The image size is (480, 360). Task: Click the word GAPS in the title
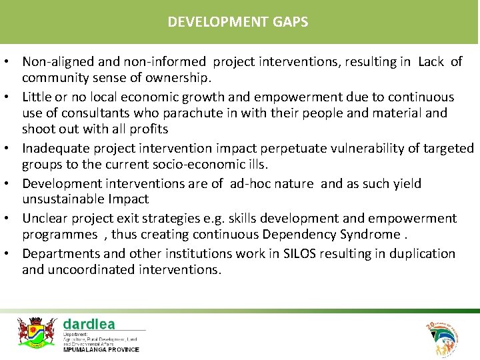pyautogui.click(x=291, y=22)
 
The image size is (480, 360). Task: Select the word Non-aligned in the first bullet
pyautogui.click(x=58, y=62)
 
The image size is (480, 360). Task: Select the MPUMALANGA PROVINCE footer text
pyautogui.click(x=101, y=349)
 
